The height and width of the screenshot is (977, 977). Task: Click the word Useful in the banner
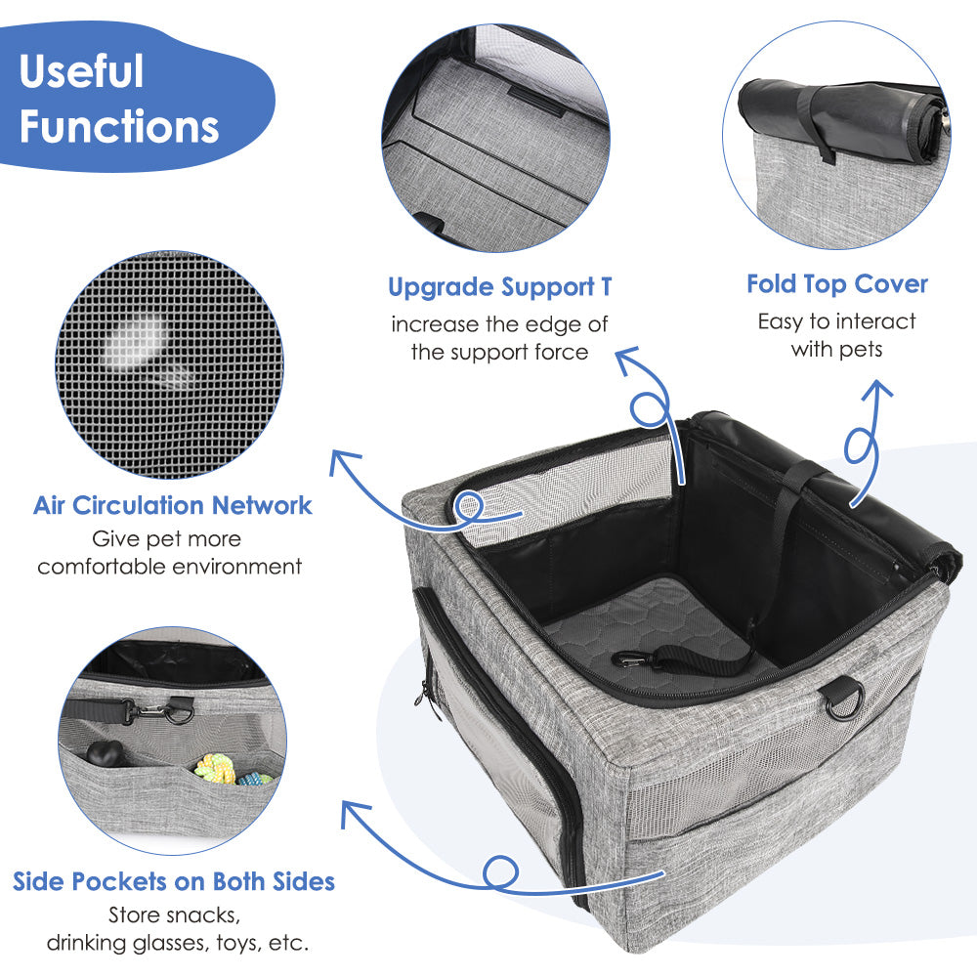coord(82,70)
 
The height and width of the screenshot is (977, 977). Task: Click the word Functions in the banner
coord(119,126)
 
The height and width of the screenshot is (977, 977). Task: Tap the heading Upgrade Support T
coord(499,287)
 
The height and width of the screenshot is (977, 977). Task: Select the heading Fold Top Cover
coord(837,284)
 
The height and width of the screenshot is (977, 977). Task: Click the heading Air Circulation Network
coord(173,505)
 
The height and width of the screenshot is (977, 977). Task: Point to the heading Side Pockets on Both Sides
coord(174,881)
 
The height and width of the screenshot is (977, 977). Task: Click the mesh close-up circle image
coord(169,364)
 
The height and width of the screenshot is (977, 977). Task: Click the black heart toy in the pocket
coord(103,753)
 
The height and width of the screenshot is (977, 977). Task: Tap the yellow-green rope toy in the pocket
coord(215,768)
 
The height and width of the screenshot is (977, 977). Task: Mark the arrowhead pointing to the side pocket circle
coord(354,813)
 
